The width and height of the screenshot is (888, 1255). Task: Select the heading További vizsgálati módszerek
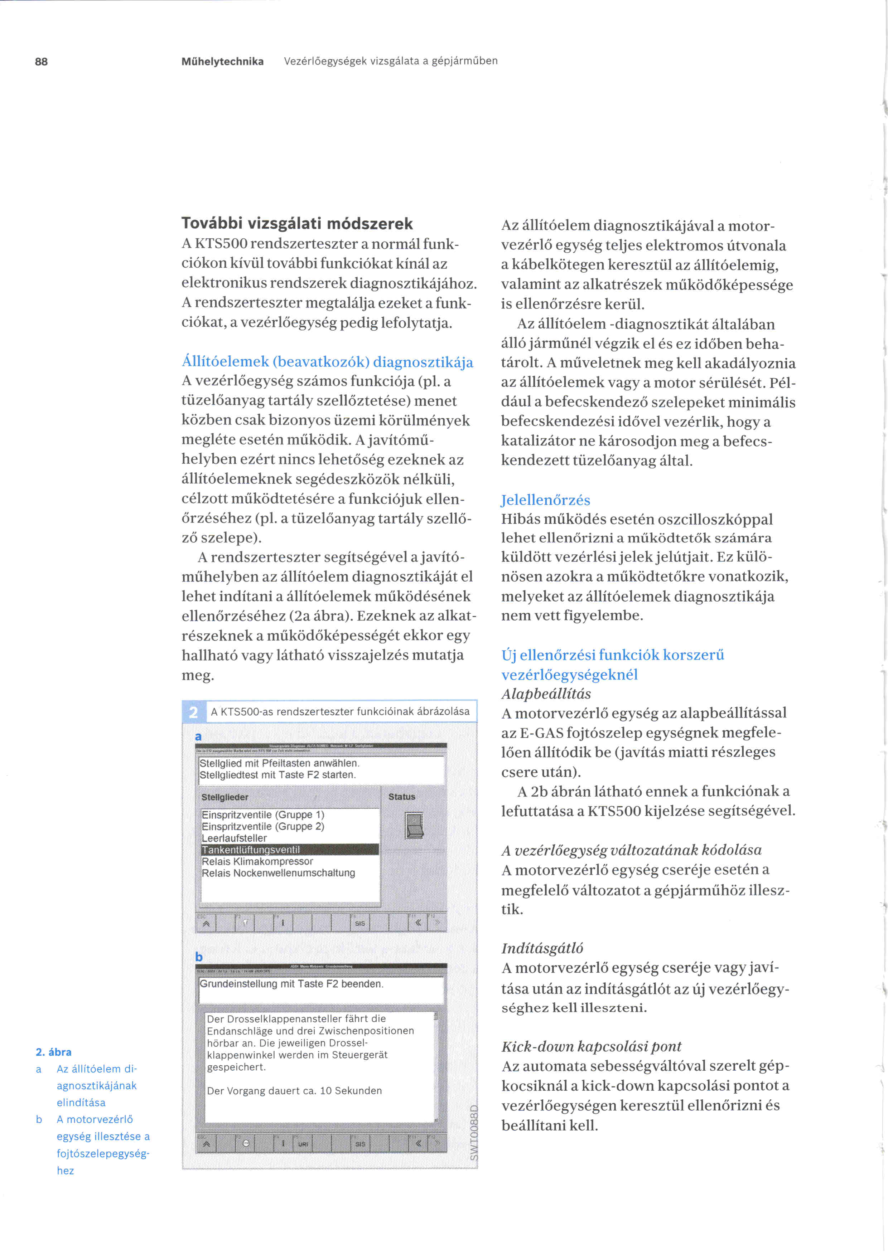297,224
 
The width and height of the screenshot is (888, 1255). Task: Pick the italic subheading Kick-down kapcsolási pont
591,1046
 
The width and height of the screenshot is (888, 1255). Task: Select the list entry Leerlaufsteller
234,838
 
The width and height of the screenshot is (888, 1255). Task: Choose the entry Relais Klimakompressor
257,861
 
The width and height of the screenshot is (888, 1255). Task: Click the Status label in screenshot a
401,797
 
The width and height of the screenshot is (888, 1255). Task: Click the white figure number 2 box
194,712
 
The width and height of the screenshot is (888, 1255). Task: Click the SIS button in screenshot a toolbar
360,923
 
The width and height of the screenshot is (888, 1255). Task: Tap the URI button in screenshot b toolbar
303,1144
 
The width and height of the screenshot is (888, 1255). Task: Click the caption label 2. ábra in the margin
54,1052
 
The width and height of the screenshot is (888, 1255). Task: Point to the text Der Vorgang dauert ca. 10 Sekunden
294,1090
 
